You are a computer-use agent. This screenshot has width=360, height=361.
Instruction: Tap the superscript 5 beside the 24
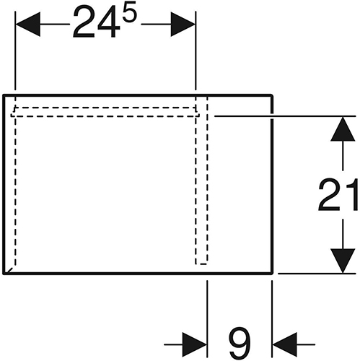click(x=129, y=12)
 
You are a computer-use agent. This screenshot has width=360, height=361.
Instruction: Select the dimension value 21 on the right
click(x=338, y=195)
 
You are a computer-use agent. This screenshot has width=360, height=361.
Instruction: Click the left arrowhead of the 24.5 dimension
click(x=27, y=24)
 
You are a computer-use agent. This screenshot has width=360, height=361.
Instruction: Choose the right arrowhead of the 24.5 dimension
click(x=183, y=24)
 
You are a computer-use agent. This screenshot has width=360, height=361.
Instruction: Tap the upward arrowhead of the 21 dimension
click(x=343, y=129)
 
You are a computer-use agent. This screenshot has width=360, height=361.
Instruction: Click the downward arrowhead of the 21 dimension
click(x=343, y=261)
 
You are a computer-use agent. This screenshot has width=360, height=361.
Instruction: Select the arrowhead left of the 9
click(x=195, y=344)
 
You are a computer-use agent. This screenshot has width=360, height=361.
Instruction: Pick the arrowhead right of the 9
click(x=285, y=344)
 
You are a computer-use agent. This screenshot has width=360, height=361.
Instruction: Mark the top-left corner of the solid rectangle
click(x=4, y=95)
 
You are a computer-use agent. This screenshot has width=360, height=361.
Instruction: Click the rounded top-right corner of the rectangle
click(x=271, y=96)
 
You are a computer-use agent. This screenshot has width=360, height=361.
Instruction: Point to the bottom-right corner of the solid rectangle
click(x=272, y=273)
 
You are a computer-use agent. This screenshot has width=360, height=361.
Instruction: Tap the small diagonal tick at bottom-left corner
click(x=9, y=270)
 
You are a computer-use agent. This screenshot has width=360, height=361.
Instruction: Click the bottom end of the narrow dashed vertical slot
click(x=201, y=264)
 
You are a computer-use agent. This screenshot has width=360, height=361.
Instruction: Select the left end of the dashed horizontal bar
click(x=12, y=115)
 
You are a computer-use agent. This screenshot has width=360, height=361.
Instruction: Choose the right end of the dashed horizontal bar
click(x=198, y=115)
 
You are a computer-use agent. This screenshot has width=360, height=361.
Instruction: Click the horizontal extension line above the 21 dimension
click(x=285, y=116)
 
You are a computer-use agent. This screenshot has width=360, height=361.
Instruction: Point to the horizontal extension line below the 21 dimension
click(x=317, y=274)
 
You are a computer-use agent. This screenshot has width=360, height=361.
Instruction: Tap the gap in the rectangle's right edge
click(x=272, y=116)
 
